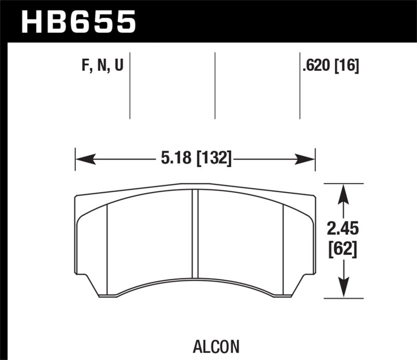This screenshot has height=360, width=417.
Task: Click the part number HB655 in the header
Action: [x=79, y=22]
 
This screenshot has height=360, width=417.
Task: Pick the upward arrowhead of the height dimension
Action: [x=343, y=194]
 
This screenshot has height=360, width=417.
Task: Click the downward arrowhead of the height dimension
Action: [x=343, y=289]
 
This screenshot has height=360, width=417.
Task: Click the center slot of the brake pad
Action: [x=196, y=234]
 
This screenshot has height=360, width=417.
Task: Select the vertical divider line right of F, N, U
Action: [x=129, y=86]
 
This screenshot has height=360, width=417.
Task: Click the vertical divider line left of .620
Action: [x=300, y=86]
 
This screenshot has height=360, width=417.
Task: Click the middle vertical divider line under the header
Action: [x=215, y=86]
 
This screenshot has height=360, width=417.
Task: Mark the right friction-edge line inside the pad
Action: [x=283, y=245]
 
